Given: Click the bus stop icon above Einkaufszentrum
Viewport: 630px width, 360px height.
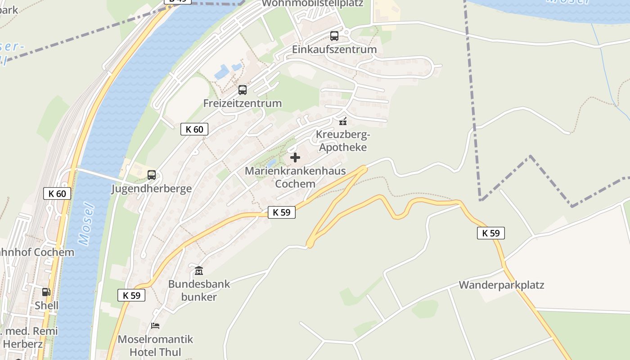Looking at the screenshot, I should (334, 36).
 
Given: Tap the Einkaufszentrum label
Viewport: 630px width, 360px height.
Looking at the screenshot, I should (334, 49).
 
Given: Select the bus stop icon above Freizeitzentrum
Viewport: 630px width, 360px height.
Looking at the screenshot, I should (243, 90).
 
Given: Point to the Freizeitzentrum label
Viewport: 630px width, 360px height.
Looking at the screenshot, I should (243, 103).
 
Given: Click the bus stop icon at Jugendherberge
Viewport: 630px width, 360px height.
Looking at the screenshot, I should (152, 175).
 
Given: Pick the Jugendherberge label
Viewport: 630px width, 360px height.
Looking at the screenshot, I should (152, 189).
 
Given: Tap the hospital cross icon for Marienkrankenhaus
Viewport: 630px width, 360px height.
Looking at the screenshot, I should (295, 157).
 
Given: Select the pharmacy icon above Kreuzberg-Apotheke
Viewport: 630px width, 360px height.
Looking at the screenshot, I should (343, 121).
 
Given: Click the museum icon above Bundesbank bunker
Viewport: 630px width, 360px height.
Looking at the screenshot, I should (199, 270).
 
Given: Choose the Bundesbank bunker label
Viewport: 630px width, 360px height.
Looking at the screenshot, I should (199, 290).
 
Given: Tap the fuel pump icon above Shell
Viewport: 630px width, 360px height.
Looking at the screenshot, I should (46, 292).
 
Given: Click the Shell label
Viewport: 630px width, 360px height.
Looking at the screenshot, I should (47, 306).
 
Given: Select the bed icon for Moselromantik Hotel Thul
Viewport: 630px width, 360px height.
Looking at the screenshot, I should (155, 325).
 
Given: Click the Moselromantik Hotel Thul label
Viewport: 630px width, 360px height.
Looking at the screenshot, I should (155, 345).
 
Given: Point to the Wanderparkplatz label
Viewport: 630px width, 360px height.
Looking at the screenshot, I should (501, 285).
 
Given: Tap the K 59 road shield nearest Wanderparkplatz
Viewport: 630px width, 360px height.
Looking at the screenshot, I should (491, 233).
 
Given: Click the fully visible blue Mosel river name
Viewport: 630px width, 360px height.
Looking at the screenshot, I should (87, 224).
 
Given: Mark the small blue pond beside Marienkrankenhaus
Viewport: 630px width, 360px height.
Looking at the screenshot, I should (271, 163).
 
